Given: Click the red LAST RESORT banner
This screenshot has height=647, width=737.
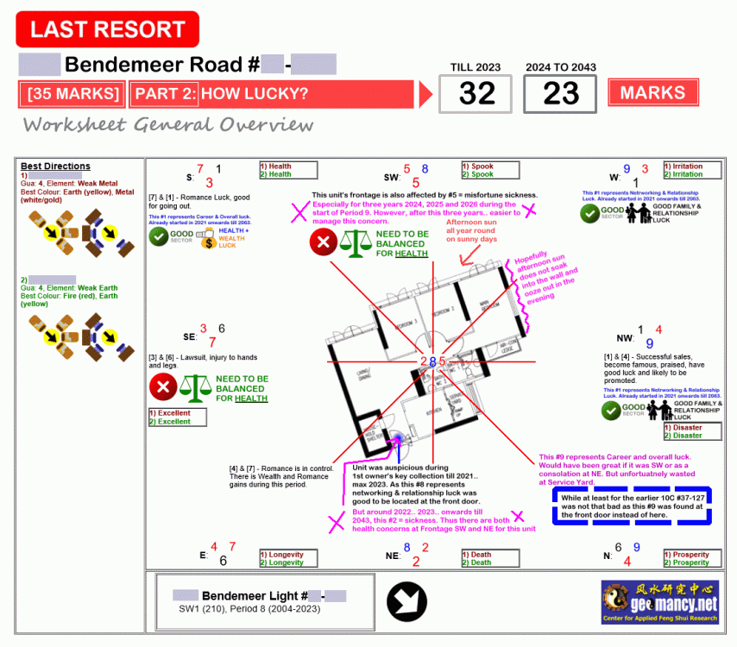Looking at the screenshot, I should click(x=108, y=29).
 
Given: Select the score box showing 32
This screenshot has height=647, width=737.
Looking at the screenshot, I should click(x=477, y=94).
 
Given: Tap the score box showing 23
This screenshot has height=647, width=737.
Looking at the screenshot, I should click(x=561, y=94).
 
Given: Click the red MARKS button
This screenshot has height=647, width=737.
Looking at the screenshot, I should click(x=653, y=93).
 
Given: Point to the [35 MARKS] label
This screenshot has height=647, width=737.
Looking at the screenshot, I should click(x=73, y=94).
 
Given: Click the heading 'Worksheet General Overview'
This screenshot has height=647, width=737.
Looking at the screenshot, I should click(x=168, y=125).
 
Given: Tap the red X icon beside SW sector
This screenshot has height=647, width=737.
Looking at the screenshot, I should click(x=324, y=242).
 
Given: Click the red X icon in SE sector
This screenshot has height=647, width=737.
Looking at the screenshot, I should click(x=164, y=387).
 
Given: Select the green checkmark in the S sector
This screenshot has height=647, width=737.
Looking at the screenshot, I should click(x=159, y=237).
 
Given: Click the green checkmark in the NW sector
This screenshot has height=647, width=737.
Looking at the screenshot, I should click(x=613, y=411).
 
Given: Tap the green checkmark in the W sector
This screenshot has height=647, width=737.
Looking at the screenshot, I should click(x=589, y=213).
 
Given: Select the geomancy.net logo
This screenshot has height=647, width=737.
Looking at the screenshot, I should click(x=659, y=601).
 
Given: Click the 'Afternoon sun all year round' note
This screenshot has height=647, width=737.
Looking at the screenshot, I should click(x=471, y=230).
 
